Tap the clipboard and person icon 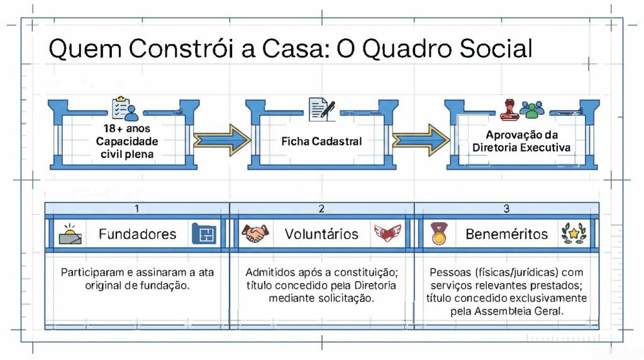pos(125,108)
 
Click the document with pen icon pos(322,110)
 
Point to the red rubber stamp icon pos(509,110)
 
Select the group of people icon pos(532,110)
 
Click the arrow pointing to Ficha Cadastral pos(222,140)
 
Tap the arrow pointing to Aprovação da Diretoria pos(421,140)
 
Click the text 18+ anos pos(126,128)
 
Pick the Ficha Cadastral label pos(321,142)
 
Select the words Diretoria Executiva pos(521,147)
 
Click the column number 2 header pos(321,209)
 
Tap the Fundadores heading pos(138,234)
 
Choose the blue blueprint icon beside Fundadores pos(204,234)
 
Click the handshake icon pos(255,233)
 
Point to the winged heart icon pos(387,233)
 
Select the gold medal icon pos(438,233)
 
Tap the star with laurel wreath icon pos(574,233)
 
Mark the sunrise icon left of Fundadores pos(70,234)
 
